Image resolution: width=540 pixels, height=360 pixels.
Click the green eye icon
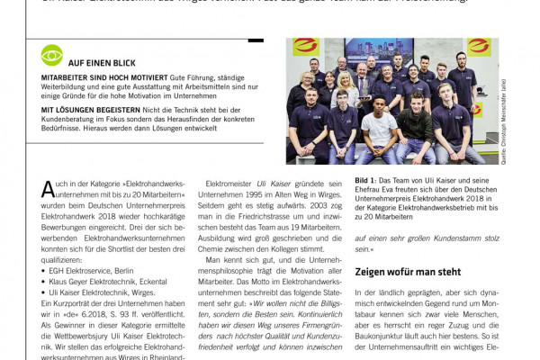coord(52,56)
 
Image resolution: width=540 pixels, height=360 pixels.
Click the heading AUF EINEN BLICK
coord(102,63)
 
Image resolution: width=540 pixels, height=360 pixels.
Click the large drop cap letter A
coord(48,189)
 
